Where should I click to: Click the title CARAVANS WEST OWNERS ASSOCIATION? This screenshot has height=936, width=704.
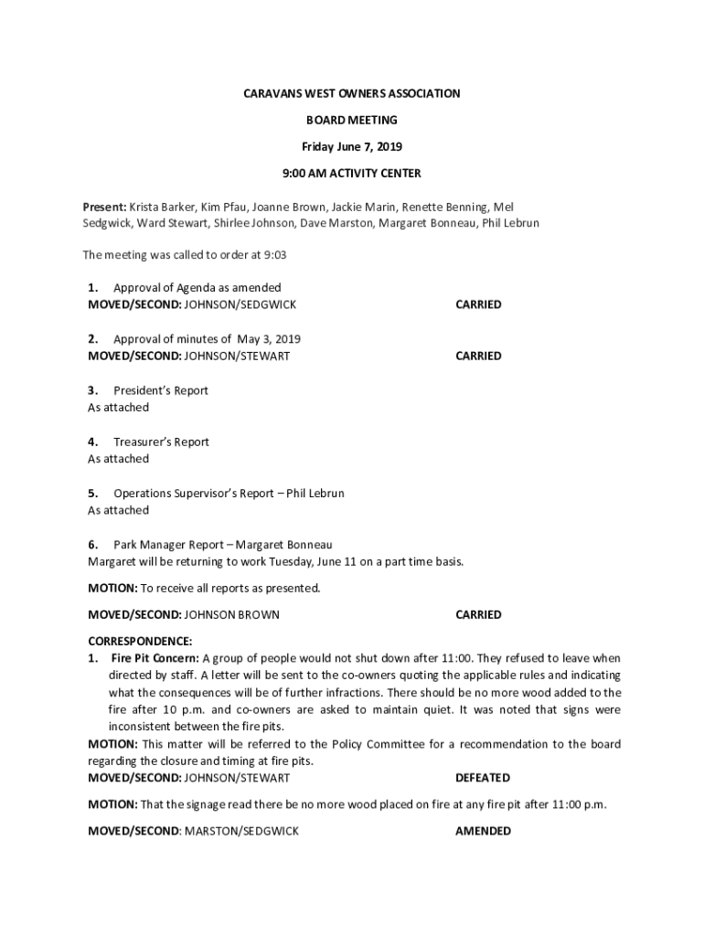351,93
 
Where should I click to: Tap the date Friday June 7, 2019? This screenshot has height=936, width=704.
352,146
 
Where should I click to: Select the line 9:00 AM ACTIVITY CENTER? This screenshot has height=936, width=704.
352,173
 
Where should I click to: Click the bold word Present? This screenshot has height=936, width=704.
104,207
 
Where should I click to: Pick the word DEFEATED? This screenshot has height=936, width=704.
482,778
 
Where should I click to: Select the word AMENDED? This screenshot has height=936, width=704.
483,831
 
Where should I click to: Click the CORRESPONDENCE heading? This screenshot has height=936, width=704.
140,641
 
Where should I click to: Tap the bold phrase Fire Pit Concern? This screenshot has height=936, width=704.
155,658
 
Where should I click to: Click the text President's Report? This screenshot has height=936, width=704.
161,390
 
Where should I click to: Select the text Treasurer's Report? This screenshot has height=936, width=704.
161,441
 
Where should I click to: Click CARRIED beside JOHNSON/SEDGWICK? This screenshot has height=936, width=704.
478,304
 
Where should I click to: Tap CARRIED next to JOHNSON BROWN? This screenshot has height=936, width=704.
478,615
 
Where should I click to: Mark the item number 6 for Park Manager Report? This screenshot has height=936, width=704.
92,545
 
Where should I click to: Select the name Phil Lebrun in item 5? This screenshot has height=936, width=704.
315,494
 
